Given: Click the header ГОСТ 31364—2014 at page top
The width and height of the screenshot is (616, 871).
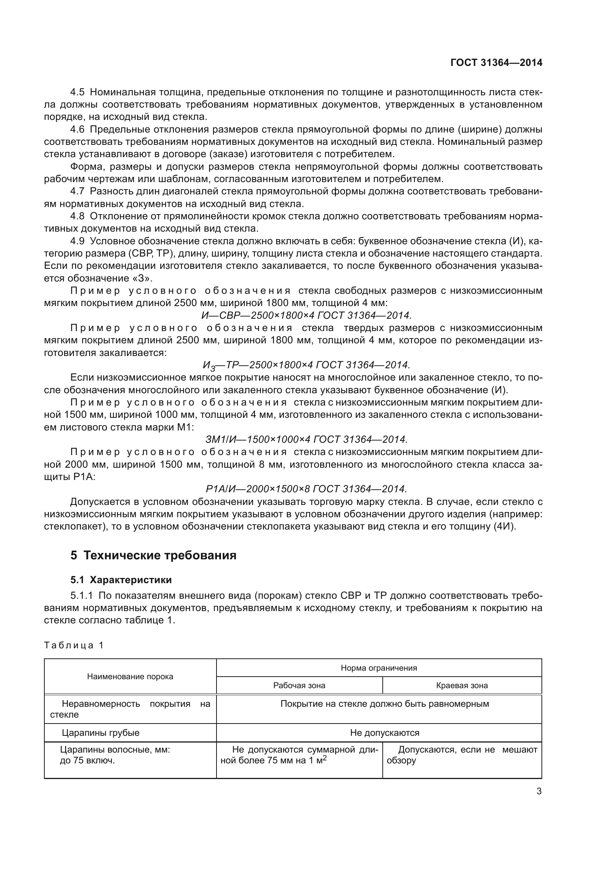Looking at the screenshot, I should (x=496, y=63).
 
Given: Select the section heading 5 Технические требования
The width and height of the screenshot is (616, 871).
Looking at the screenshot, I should (x=153, y=555).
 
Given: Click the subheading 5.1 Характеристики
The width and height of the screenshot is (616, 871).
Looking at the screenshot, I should (x=121, y=580).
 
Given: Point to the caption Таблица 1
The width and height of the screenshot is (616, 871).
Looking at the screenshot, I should (x=74, y=645).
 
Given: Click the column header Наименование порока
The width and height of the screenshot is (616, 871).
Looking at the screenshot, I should (x=130, y=676).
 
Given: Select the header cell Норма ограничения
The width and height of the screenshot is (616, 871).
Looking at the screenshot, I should (x=378, y=668).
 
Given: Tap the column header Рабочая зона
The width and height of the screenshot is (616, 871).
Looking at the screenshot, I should (x=299, y=685).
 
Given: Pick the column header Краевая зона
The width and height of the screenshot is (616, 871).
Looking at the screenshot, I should (x=462, y=685).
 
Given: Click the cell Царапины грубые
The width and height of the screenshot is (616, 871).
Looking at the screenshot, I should (x=101, y=732).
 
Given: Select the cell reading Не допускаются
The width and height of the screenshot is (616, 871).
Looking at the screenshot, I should (x=385, y=732).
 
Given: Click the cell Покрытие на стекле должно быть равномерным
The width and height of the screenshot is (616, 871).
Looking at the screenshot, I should (x=385, y=704).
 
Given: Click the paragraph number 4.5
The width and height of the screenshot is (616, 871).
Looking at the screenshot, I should (x=78, y=92).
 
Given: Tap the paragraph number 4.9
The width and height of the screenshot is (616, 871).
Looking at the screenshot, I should (x=78, y=241).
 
